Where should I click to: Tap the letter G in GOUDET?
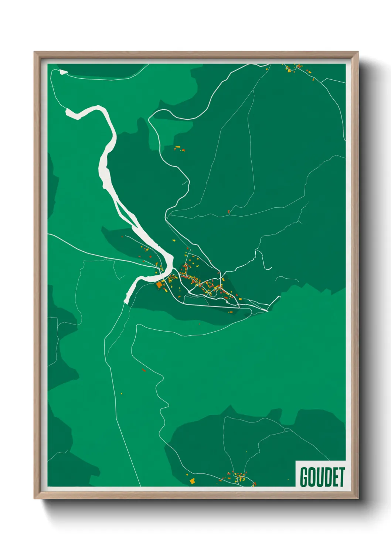pyautogui.click(x=305, y=477)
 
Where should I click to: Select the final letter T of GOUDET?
pyautogui.click(x=341, y=477)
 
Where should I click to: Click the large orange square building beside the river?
pyautogui.click(x=160, y=285)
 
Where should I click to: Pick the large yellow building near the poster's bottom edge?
pyautogui.click(x=192, y=481)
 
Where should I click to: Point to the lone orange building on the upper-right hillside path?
pyautogui.click(x=229, y=212)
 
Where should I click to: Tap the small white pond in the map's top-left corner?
pyautogui.click(x=63, y=72)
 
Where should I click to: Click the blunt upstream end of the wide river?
pyautogui.click(x=68, y=112)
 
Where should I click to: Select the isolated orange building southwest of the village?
pyautogui.click(x=143, y=370)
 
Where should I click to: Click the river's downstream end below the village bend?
pyautogui.click(x=126, y=300)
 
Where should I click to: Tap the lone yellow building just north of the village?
pyautogui.click(x=174, y=240)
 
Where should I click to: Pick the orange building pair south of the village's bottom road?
pyautogui.click(x=230, y=312)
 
